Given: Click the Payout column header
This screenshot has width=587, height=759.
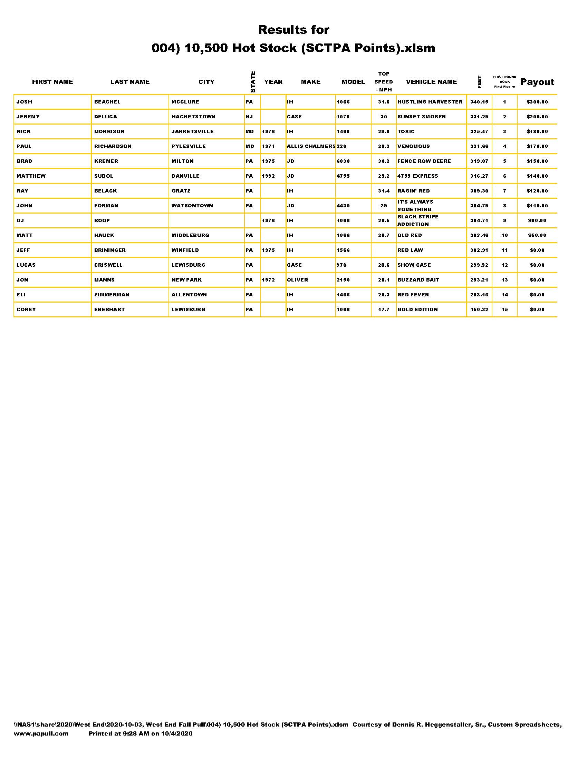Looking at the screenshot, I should (537, 82).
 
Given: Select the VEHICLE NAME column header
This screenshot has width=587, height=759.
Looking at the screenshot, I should (431, 82).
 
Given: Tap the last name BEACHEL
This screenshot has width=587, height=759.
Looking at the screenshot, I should (107, 102).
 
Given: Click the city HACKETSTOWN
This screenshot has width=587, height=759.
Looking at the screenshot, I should (193, 117).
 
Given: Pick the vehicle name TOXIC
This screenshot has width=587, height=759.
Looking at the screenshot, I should (406, 132).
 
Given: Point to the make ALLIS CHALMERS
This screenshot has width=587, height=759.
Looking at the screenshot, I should (311, 146).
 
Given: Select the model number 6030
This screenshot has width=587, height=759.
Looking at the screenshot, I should (343, 161).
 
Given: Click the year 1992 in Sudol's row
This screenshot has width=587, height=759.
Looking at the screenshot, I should (268, 176).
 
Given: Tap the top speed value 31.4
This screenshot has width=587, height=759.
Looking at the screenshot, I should (384, 191).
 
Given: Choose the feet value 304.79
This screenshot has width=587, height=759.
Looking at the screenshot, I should (479, 206).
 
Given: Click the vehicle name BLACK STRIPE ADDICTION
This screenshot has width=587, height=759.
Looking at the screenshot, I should (418, 220).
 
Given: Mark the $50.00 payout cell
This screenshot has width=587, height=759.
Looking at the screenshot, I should (537, 235).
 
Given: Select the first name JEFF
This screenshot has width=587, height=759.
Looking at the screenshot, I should (23, 250).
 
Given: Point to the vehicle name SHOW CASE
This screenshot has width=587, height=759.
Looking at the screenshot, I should (414, 265).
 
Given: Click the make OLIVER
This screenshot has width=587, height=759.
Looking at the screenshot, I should (297, 280).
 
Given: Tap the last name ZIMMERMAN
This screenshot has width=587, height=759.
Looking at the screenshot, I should (112, 295).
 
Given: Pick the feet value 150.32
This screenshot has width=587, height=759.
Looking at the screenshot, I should (479, 310).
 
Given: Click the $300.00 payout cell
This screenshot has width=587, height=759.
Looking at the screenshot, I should (537, 102).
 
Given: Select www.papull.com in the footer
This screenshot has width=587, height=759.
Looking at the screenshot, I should (41, 733).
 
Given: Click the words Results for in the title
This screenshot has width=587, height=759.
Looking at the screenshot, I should (293, 30).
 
